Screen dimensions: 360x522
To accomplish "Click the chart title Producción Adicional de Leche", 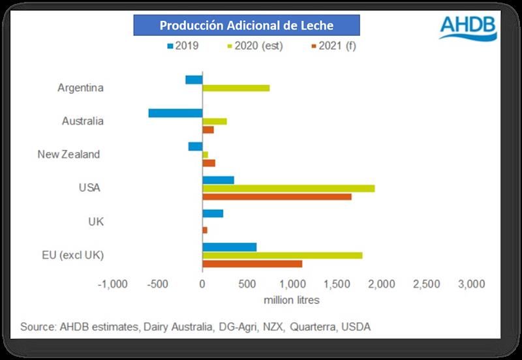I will pos(247,26).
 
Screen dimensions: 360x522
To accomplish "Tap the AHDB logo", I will pos(467,28).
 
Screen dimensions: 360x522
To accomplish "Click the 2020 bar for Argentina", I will pos(236,88).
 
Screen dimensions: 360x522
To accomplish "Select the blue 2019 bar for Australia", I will pos(176,113).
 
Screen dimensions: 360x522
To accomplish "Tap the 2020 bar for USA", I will pos(288,188).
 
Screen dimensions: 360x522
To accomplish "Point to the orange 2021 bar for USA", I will pos(277,196).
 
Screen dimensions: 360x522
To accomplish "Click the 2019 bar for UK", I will pos(213,213).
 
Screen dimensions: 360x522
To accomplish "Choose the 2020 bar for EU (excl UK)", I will pos(283,255).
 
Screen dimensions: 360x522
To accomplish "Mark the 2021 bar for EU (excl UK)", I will pos(253,263).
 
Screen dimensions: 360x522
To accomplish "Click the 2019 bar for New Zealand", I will pos(196,146).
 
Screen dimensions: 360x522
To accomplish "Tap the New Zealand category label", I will pos(69,155).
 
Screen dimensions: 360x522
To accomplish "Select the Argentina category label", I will pos(81,87).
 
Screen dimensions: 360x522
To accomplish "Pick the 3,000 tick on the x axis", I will pos(470,284).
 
